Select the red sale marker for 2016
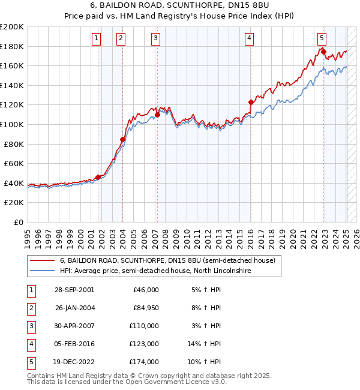point(251,102)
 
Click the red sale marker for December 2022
point(324,52)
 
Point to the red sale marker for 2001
point(98,177)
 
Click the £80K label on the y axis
point(14,144)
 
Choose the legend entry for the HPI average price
point(155,271)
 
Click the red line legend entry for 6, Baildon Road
point(167,261)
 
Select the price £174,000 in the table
point(145,362)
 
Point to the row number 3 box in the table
point(31,326)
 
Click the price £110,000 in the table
point(145,326)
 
